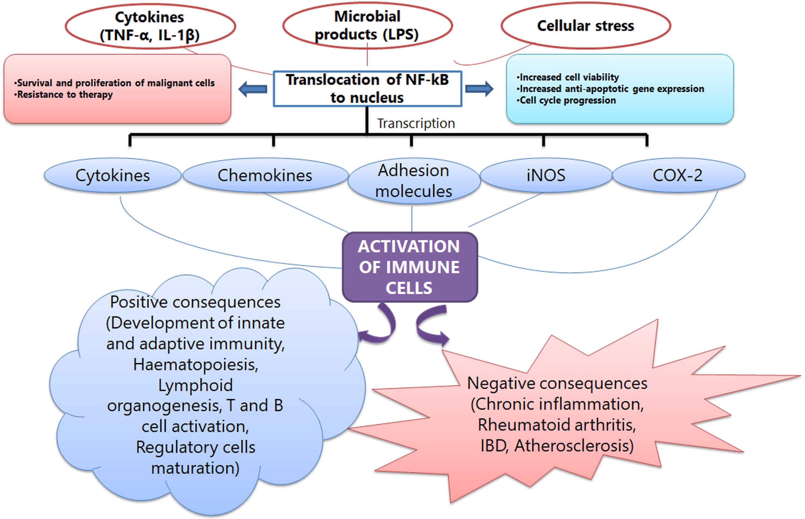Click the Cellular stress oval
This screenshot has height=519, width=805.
[586, 26]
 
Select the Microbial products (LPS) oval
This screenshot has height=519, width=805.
[367, 25]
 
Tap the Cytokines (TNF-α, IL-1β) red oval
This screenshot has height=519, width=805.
[150, 26]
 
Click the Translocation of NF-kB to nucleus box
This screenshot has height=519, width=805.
[367, 89]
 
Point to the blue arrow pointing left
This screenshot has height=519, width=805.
[252, 89]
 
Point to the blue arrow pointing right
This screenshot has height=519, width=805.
[479, 89]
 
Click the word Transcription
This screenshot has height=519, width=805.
[415, 123]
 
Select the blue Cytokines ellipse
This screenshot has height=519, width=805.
[113, 175]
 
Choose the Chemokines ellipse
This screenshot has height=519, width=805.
[265, 175]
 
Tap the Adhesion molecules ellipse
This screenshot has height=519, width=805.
[414, 181]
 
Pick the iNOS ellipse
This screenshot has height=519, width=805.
[546, 175]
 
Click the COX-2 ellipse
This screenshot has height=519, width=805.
[678, 175]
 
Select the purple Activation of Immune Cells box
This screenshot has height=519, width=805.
[409, 267]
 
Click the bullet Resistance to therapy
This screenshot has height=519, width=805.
[64, 95]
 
